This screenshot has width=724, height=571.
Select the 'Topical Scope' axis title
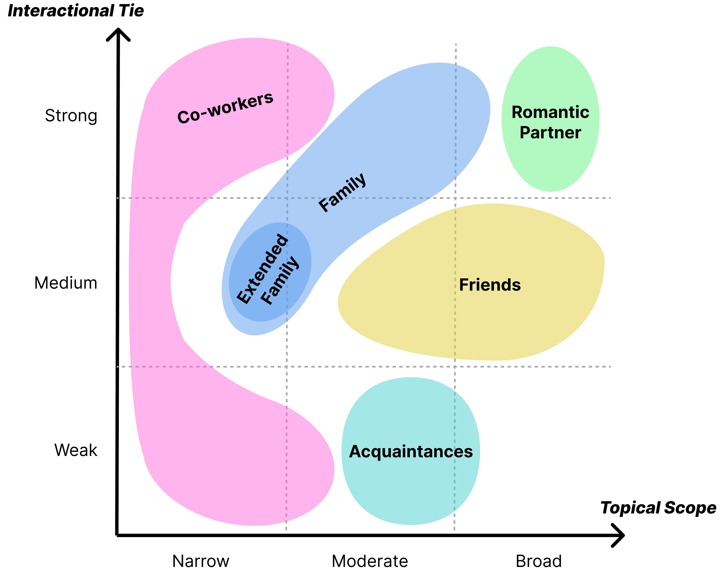[x=658, y=508]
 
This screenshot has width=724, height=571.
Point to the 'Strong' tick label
[x=71, y=116]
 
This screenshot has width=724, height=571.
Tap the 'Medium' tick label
[x=66, y=283]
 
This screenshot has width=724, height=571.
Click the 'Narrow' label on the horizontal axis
[x=201, y=561]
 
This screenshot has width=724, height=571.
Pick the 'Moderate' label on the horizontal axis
[x=370, y=561]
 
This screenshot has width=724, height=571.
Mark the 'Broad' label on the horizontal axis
[x=539, y=561]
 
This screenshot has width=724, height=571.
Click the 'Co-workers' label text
[x=225, y=108]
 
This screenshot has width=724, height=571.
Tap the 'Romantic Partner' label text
[x=550, y=122]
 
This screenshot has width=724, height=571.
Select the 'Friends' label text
[x=490, y=285]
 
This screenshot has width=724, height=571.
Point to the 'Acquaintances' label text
[x=411, y=452]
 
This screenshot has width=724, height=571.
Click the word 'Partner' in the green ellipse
[x=550, y=133]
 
